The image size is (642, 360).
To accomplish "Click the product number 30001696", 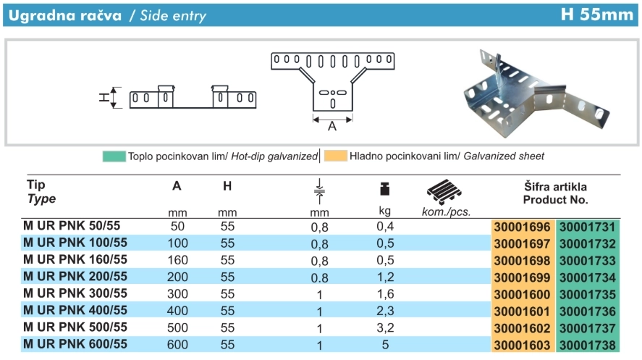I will click(522, 227).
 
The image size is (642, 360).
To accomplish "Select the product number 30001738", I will click(587, 346).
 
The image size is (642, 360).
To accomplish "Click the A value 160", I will click(177, 260).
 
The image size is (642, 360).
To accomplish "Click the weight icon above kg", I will click(385, 190).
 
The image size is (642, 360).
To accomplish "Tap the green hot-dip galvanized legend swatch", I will click(114, 156).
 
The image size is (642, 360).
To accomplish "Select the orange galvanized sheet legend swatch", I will click(335, 156).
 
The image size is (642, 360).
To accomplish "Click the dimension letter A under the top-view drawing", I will click(332, 126).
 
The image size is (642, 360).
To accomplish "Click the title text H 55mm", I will click(596, 14).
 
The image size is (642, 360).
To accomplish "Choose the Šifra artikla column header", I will click(555, 186).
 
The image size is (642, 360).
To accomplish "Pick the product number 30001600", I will click(522, 295).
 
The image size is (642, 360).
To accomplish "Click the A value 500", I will click(177, 328).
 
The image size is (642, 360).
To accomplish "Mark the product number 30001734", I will click(587, 277).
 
